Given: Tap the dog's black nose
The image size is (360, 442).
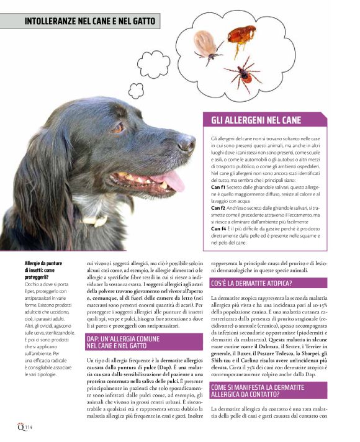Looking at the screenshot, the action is click(186, 144).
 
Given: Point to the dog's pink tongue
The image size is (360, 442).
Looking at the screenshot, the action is click(174, 181).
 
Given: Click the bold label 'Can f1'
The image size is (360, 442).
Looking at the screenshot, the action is click(218, 187).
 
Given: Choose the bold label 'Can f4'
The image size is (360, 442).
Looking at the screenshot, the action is click(218, 230).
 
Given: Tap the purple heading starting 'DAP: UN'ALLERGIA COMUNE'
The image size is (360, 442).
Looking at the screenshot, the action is click(127, 339).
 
